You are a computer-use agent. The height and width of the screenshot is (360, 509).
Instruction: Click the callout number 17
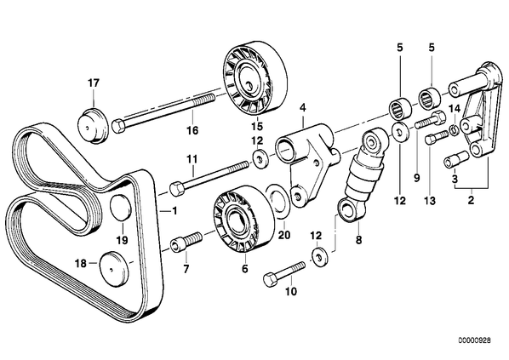[93, 83]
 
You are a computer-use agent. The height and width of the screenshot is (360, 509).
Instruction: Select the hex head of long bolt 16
[117, 126]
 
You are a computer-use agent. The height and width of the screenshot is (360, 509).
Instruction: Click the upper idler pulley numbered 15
[255, 79]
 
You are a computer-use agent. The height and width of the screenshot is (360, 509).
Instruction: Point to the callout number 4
[303, 106]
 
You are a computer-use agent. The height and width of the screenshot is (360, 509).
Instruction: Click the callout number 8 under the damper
[358, 240]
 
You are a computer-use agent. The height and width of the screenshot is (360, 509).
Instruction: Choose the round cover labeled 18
[113, 268]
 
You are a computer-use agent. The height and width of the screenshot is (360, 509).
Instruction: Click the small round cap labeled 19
[121, 207]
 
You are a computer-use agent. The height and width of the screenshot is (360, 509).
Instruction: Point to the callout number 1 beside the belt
[174, 211]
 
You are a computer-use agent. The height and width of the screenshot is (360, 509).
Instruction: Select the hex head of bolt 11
[177, 189]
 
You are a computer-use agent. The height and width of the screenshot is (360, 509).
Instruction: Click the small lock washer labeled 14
[453, 130]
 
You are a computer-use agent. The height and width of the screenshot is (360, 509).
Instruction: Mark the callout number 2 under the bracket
[471, 200]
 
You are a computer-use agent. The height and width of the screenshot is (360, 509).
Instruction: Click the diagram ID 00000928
[475, 340]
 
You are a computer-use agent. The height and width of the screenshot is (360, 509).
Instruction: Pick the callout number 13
[430, 201]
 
